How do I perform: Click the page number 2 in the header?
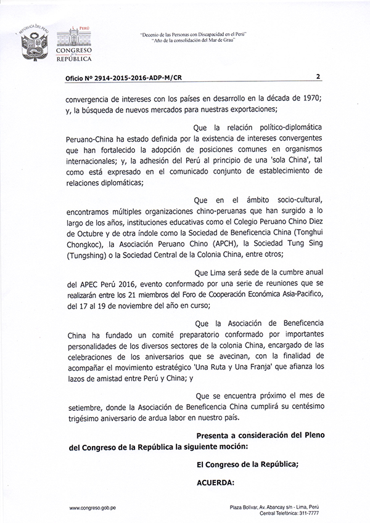(x=317, y=77)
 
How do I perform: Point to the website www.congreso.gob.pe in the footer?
(x=93, y=508)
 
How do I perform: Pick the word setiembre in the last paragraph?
(x=88, y=407)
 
